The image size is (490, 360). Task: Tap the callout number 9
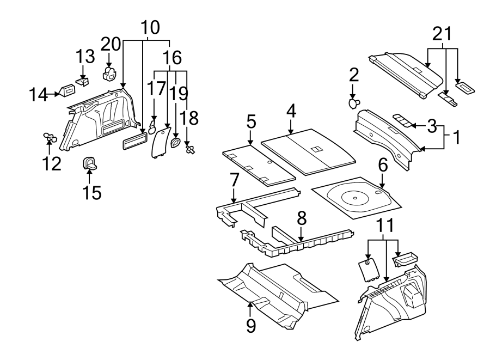250,326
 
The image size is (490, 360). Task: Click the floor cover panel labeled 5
259,162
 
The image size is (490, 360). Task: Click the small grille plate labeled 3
401,120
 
